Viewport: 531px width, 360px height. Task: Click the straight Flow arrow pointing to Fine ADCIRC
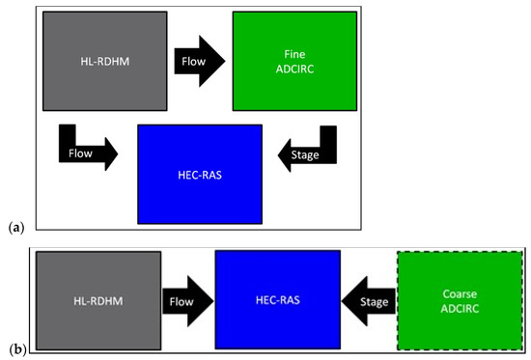199,63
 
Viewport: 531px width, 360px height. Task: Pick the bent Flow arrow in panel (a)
87,150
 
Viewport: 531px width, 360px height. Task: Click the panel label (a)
15,226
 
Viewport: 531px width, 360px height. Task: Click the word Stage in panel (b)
375,301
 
